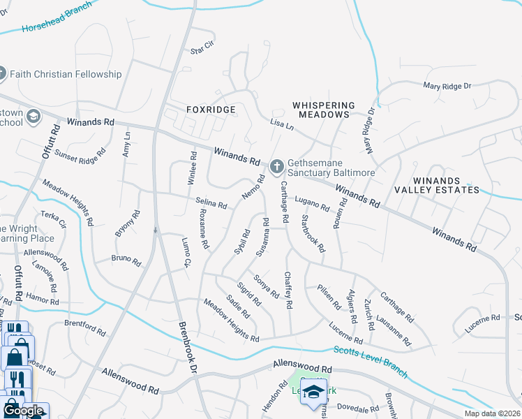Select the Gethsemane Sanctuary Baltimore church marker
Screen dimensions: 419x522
click(x=277, y=166)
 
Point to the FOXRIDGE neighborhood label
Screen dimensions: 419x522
click(x=211, y=110)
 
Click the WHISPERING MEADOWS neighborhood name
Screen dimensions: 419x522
click(x=323, y=110)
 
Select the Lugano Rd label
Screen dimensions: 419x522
click(x=311, y=204)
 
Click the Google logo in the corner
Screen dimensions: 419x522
click(x=24, y=411)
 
